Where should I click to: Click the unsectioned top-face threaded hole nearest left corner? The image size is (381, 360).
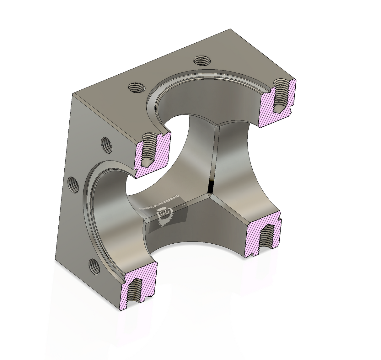pos(136,87)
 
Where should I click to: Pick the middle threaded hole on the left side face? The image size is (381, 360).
pos(73,183)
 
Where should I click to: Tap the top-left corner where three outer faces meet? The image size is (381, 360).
pos(72,94)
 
